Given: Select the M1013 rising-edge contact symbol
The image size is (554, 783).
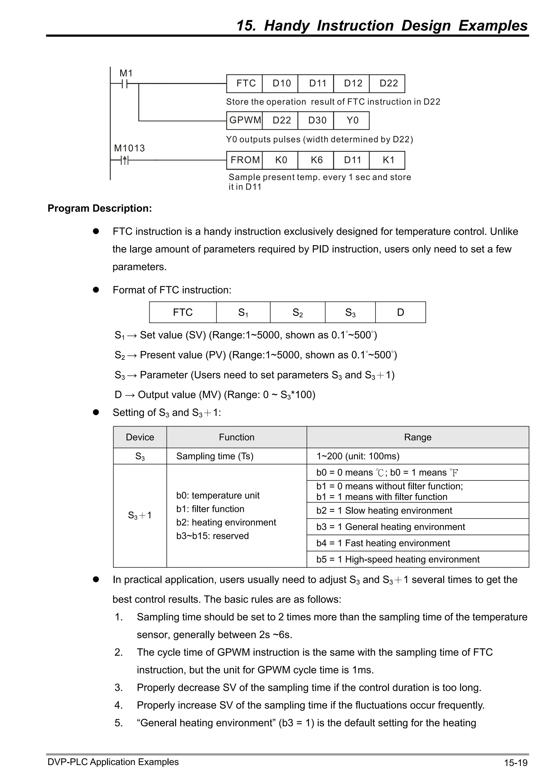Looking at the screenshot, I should (125, 160).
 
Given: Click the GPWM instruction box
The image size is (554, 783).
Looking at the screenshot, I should (245, 120).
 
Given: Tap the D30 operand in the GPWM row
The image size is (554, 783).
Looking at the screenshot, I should (317, 120).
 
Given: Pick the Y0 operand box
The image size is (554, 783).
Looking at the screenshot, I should (352, 120).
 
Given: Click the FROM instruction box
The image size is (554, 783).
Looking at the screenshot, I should (245, 160).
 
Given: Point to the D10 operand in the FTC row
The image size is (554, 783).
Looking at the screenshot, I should (281, 84).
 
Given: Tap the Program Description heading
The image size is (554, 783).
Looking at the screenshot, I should (100, 208).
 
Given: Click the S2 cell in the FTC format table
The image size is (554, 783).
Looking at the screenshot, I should (298, 312).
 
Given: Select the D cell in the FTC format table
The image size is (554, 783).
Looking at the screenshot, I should (400, 312).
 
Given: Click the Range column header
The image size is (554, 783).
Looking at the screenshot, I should (417, 437).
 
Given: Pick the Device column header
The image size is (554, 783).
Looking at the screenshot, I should (140, 437).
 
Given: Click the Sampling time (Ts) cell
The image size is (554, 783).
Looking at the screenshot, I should (215, 456).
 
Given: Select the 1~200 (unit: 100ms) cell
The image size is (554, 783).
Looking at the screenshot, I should (358, 456).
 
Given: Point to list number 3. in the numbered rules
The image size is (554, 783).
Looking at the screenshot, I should (118, 688).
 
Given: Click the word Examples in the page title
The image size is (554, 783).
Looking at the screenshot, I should (493, 26).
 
